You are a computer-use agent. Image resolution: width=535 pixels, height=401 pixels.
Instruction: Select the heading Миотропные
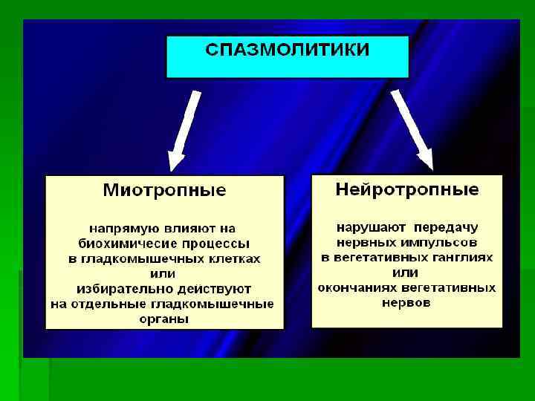tap(164, 191)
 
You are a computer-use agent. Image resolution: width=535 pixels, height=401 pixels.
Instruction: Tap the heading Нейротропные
tap(407, 189)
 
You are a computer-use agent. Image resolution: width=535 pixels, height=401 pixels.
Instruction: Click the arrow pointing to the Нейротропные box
tap(412, 129)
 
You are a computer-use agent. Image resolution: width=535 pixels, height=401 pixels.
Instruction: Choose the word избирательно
tap(120, 289)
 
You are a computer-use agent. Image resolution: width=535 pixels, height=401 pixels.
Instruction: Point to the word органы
tap(164, 319)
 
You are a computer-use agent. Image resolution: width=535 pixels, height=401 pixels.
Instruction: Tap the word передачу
tap(446, 226)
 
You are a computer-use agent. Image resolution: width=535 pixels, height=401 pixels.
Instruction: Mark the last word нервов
tap(406, 303)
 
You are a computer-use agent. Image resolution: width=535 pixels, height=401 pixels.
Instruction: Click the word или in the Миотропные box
tap(164, 273)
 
